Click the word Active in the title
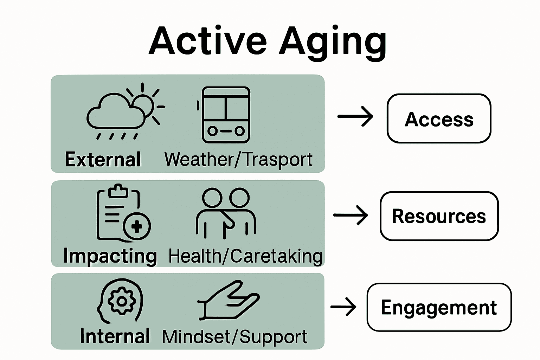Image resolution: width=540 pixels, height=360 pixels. point(208,41)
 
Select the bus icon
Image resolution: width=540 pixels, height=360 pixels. point(225,114)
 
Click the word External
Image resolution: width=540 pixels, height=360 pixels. point(103,160)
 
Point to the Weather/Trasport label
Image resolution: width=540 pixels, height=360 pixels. point(238,160)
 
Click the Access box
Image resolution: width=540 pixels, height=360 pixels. point(439,118)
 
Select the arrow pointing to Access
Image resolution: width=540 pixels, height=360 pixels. point(355,116)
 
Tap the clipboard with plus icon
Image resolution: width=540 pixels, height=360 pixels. point(123,213)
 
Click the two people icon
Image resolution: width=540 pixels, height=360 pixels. point(226,213)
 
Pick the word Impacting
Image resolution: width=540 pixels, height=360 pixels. point(110,256)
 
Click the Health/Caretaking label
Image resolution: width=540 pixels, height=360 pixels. point(245,256)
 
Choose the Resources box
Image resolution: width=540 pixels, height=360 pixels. point(439,216)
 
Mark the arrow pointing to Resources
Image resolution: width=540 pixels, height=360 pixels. point(351,215)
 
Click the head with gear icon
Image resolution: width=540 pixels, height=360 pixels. point(121,301)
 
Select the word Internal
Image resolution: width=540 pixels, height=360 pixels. point(115,336)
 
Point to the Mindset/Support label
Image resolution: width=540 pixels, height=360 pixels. point(234,337)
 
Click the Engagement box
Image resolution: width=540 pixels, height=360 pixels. point(439,307)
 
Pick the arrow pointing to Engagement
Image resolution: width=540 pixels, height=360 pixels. point(343,307)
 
